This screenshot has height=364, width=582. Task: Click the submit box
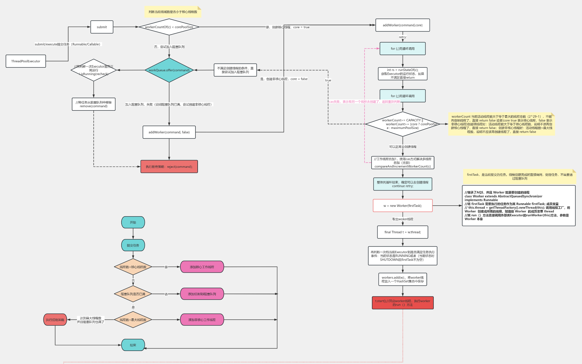click(x=102, y=27)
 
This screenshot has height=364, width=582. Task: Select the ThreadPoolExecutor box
click(x=26, y=61)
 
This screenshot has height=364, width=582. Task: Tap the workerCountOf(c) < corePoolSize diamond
click(x=169, y=27)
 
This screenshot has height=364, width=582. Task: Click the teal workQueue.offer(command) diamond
click(x=169, y=70)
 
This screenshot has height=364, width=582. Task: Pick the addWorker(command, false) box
click(x=169, y=132)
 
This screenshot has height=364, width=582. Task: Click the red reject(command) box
click(x=169, y=167)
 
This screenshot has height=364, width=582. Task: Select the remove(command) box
click(x=93, y=104)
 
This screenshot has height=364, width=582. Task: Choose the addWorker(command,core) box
click(x=402, y=25)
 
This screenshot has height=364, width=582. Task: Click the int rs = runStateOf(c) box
click(x=402, y=74)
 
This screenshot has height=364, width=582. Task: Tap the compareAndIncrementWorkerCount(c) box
click(x=402, y=163)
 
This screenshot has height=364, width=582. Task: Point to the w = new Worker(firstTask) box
click(x=402, y=206)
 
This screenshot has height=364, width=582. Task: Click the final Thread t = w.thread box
click(x=402, y=232)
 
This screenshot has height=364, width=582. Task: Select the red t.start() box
click(x=402, y=303)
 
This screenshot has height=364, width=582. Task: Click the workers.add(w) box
click(x=402, y=279)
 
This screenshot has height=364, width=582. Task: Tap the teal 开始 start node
click(x=133, y=222)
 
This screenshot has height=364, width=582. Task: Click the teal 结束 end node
click(x=133, y=345)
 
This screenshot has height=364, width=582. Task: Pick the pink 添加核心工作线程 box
click(x=202, y=267)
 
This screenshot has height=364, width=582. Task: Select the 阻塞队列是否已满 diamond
click(x=133, y=294)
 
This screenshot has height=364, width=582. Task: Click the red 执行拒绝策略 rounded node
click(x=55, y=320)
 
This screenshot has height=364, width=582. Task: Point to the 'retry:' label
click(x=403, y=37)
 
